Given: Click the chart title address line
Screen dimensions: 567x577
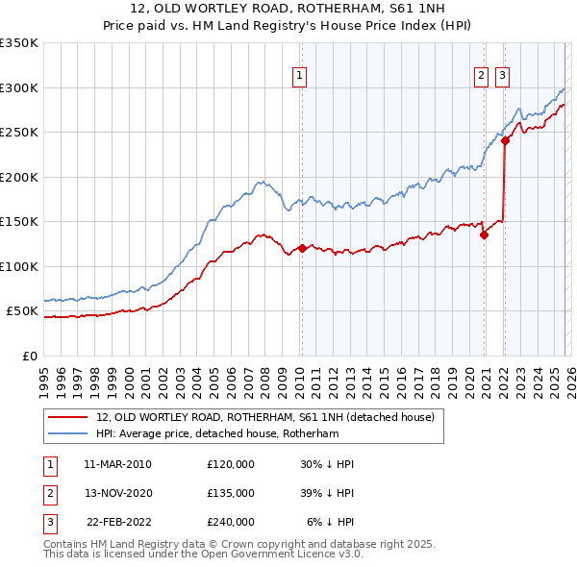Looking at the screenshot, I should [288, 9].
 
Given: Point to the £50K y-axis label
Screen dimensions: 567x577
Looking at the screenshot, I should [22, 311].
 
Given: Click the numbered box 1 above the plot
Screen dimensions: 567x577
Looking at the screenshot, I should [300, 77].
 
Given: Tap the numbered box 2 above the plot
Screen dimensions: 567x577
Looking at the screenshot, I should [480, 77].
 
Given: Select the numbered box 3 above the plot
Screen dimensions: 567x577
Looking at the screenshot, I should [503, 77].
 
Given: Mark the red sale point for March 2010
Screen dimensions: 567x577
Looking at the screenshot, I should [302, 248].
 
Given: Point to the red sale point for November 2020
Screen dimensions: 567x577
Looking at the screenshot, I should [484, 234].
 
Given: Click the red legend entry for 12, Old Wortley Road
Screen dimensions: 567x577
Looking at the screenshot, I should [265, 417].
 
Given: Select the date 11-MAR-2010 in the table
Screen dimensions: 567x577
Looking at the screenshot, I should [117, 464].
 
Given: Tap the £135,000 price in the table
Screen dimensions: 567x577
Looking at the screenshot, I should [231, 493].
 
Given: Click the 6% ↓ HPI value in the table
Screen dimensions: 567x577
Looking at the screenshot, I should [331, 522].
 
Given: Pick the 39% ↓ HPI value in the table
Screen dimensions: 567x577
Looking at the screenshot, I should [327, 493].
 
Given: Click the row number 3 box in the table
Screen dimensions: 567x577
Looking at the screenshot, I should [48, 522].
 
